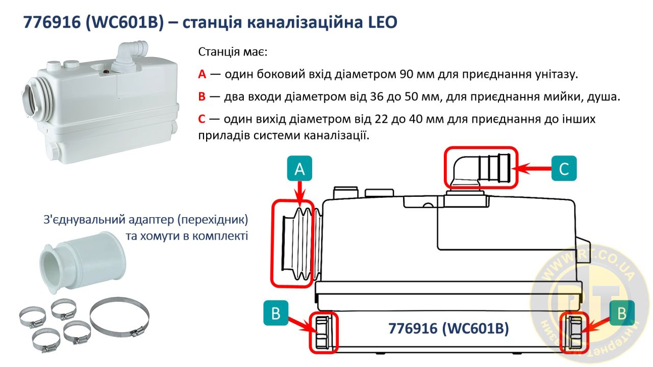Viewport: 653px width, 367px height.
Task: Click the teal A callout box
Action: point(299,168)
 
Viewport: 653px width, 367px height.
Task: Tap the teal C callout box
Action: point(564,168)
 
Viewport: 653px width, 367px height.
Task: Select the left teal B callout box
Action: point(276,313)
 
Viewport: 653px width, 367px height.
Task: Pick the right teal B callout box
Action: point(622,313)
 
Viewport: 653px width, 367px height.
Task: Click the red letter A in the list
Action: point(202,74)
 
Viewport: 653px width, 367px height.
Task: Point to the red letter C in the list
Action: point(202,119)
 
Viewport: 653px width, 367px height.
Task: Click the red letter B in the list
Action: point(202,97)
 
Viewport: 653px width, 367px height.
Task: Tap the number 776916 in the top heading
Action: point(52,22)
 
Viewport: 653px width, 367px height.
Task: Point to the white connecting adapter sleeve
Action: point(83,263)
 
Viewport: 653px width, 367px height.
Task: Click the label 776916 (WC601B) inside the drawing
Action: point(448,329)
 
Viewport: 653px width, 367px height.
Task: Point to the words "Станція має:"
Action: point(233,52)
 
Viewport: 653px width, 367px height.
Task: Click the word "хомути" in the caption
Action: point(160,235)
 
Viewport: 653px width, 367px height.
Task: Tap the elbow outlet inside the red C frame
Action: point(481,169)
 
